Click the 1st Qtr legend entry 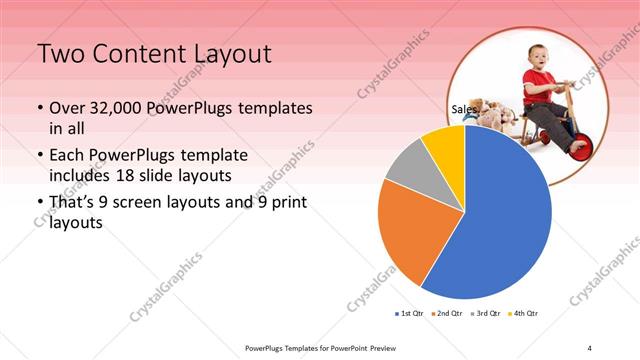coord(409,314)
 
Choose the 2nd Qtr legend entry coord(447,314)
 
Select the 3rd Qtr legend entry coord(486,314)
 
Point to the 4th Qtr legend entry coord(524,314)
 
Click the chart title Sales coord(463,110)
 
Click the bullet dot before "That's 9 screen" coord(39,204)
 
